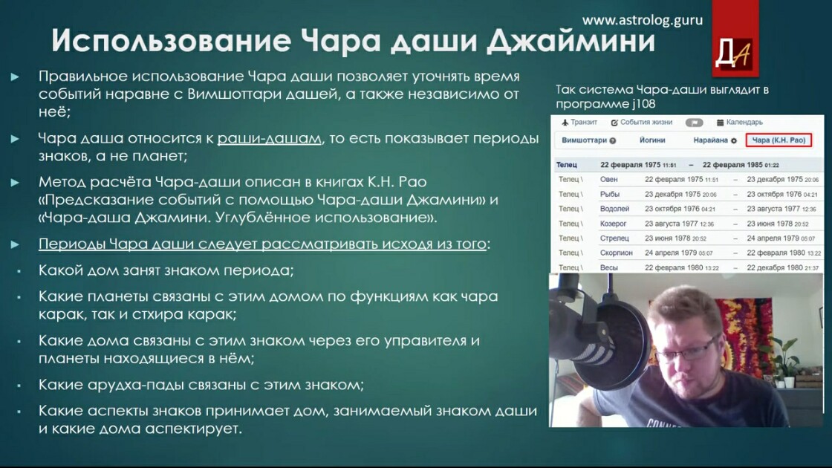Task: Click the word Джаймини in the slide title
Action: click(x=571, y=40)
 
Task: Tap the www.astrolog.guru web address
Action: click(x=642, y=20)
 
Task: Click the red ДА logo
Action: click(x=735, y=38)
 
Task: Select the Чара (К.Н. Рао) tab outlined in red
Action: click(x=779, y=140)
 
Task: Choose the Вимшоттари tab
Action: click(x=588, y=140)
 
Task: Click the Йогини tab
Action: click(x=652, y=140)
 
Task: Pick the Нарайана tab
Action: click(x=715, y=140)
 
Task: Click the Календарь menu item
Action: click(x=740, y=122)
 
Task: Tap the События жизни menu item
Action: click(x=642, y=122)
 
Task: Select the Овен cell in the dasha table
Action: click(x=608, y=179)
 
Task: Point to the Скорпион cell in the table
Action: click(x=616, y=253)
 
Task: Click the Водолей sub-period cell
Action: click(x=614, y=209)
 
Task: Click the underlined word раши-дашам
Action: click(x=270, y=139)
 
